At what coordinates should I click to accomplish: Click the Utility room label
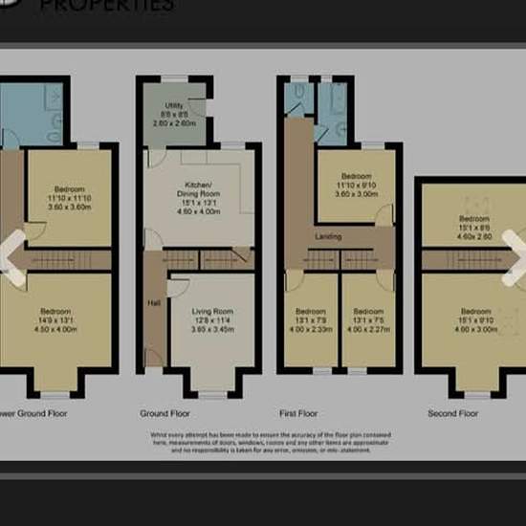tap(173, 116)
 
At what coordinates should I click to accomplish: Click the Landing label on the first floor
tap(329, 235)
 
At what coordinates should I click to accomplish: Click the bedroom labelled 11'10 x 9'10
tap(356, 184)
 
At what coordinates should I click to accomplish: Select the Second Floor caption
tap(453, 414)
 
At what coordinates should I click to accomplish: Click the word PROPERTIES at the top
tap(121, 6)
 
